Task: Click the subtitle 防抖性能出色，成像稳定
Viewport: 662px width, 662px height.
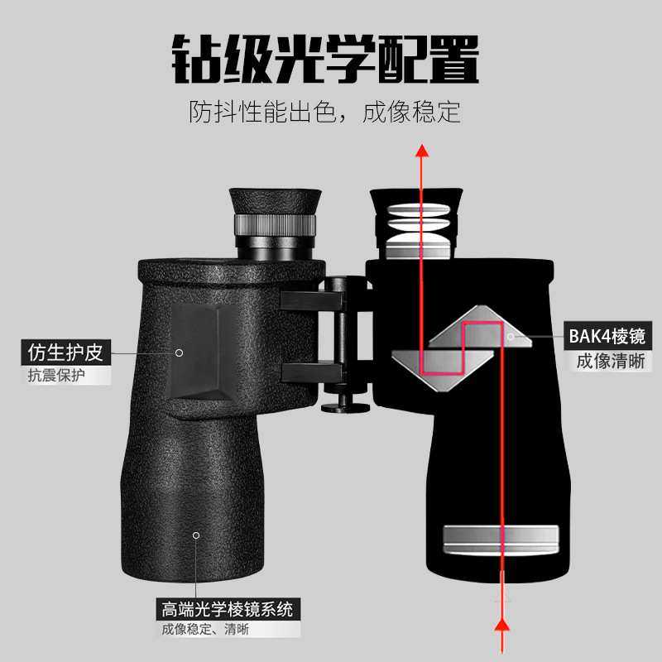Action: (324, 112)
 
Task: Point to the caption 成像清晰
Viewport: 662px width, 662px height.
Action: (611, 362)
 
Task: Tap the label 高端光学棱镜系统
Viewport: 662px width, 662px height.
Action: (228, 611)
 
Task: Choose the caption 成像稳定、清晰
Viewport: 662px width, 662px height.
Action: (205, 631)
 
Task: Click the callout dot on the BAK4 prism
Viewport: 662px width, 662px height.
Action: (511, 337)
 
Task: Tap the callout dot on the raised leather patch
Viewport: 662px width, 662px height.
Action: (179, 353)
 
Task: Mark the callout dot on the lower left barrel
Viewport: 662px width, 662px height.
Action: (196, 535)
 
